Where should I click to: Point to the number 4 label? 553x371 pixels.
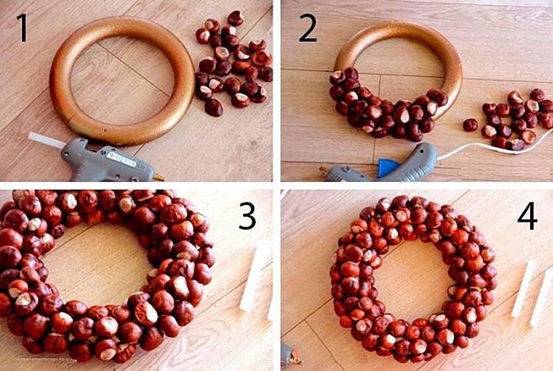click(526, 216)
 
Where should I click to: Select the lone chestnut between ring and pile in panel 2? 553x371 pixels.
click(470, 125)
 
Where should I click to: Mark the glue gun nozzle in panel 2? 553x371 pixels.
click(324, 173)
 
